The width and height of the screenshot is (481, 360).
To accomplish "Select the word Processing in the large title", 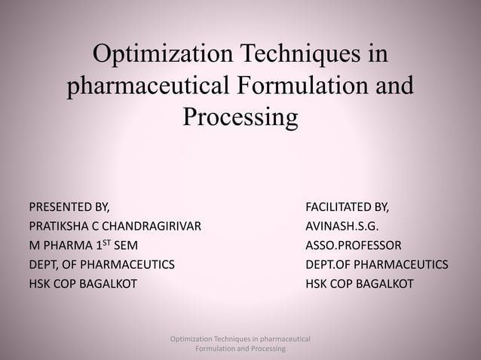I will (x=240, y=118).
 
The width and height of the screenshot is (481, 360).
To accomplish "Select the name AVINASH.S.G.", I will (x=342, y=226).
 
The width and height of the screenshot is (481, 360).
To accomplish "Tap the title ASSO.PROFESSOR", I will (x=354, y=246).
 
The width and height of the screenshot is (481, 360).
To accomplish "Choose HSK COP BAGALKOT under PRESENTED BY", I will (x=83, y=285).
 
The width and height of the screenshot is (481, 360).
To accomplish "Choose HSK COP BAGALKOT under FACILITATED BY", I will (x=359, y=285).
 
